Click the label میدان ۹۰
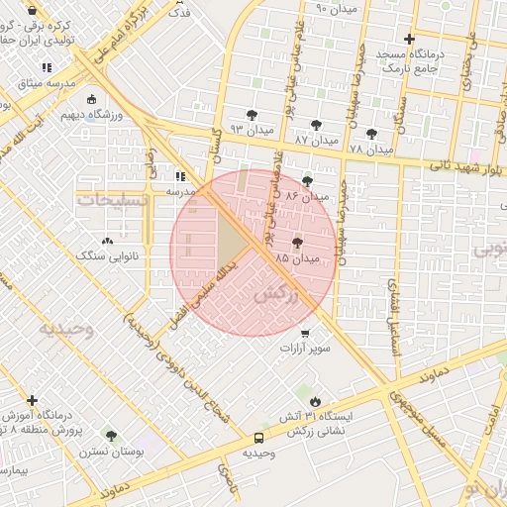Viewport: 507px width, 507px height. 335,9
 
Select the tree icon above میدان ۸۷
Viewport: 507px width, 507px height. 316,125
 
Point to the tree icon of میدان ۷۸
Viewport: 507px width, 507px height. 371,134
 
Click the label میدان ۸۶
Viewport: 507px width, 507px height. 306,197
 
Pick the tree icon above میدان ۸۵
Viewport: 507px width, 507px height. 298,242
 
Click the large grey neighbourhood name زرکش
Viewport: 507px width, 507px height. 276,295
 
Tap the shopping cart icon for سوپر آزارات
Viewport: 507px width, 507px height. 305,333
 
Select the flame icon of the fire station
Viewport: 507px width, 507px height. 315,401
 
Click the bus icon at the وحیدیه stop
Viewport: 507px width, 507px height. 259,437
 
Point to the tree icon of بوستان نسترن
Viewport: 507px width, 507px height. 111,435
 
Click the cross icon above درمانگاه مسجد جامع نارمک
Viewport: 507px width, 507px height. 409,39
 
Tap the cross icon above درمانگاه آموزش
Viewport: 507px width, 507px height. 33,401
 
